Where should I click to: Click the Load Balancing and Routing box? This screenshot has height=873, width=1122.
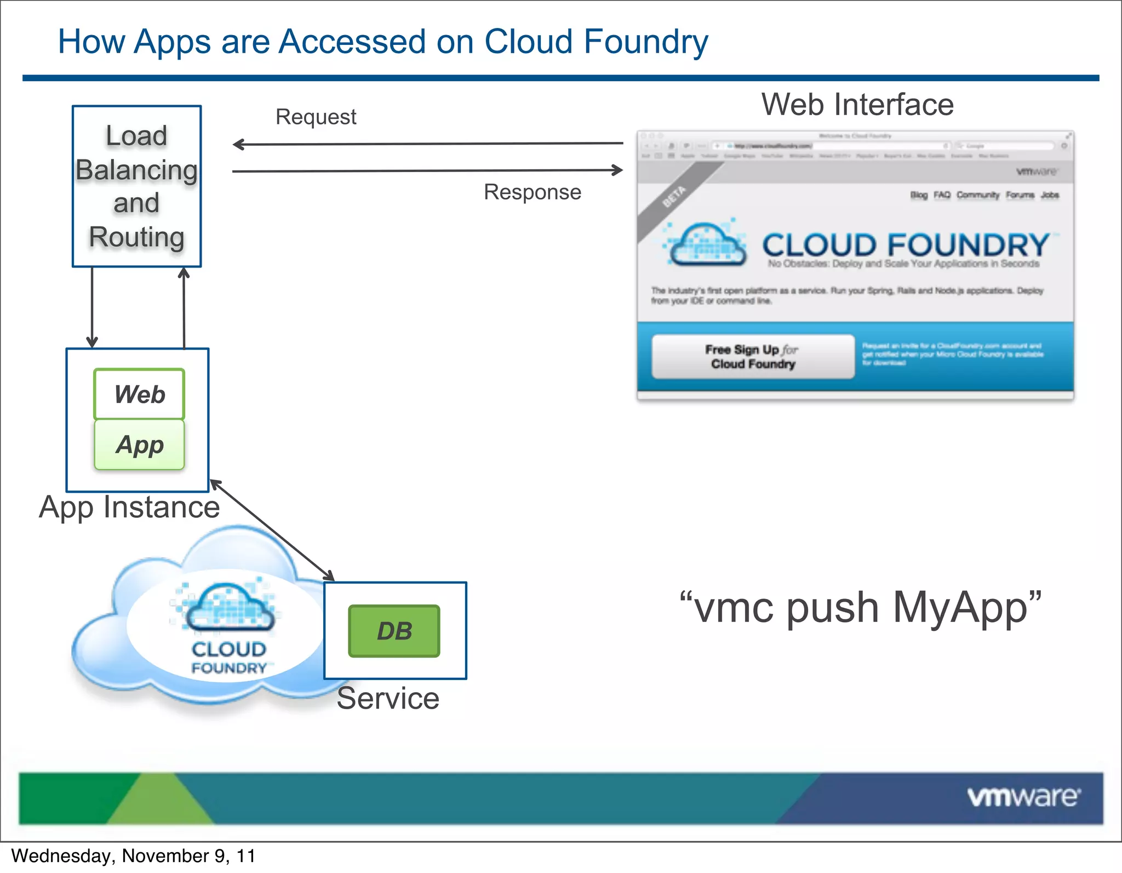136,186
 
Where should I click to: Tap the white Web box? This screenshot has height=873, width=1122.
139,394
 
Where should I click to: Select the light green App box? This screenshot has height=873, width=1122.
139,444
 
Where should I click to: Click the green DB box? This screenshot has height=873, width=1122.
394,631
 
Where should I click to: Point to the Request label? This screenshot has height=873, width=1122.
316,117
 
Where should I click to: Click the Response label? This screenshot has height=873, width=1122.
532,192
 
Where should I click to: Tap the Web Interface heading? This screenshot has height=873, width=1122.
857,105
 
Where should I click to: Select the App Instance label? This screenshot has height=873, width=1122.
129,507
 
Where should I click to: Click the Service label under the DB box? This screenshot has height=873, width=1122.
388,698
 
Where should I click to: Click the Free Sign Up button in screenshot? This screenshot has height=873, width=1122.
752,357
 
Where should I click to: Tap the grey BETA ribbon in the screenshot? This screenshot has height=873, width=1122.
674,197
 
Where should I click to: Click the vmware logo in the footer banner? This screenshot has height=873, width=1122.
1023,797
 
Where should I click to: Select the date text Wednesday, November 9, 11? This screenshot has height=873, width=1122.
133,856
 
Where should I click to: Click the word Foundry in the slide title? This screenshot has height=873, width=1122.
646,42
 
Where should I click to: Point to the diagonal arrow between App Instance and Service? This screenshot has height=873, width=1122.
272,530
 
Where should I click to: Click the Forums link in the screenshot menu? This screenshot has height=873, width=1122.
1019,195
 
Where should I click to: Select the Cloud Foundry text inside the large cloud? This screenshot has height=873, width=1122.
229,658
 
